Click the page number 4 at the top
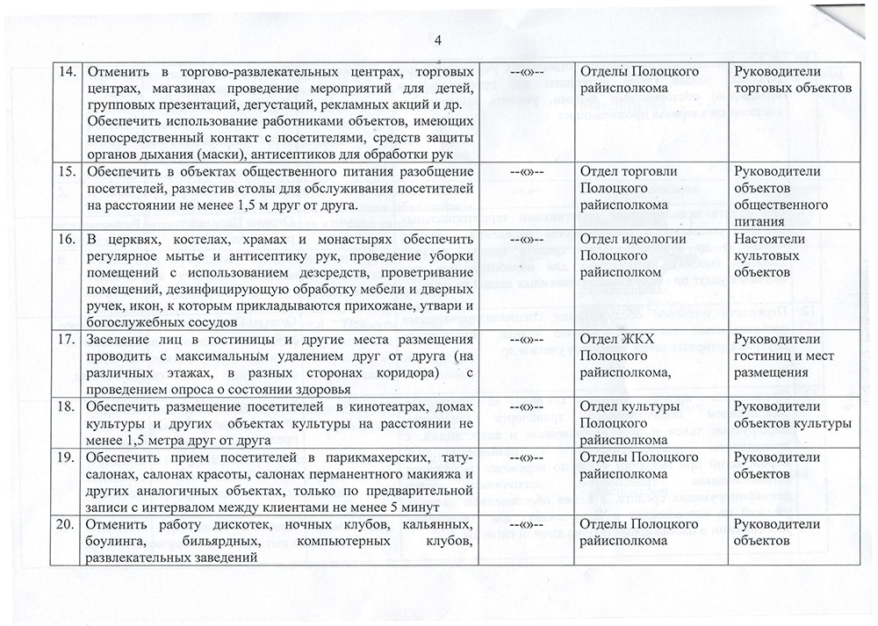tap(438, 39)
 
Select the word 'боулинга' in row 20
tap(112, 542)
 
